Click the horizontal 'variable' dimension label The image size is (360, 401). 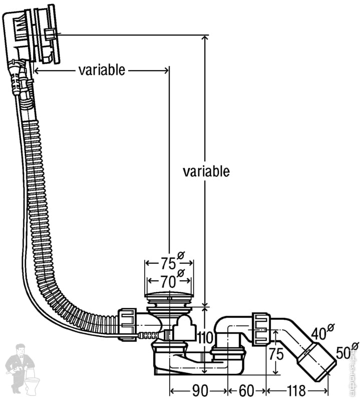click(102, 70)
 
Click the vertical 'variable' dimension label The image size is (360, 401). click(206, 171)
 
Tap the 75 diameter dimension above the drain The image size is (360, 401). click(168, 263)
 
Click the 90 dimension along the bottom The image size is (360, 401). click(199, 390)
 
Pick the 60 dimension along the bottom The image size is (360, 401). click(246, 390)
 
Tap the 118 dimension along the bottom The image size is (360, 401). click(296, 390)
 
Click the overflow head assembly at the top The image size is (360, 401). click(33, 35)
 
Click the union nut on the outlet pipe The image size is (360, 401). click(261, 329)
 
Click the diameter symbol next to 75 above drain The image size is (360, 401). click(181, 256)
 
